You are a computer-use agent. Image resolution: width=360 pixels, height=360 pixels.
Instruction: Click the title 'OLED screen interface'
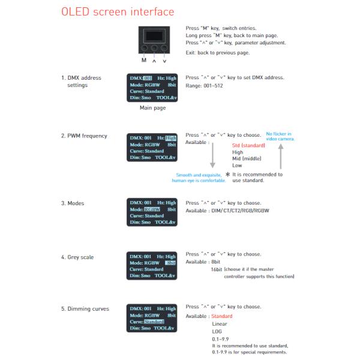tap(118, 11)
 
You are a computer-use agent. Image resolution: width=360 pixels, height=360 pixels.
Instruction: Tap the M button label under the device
tap(143, 60)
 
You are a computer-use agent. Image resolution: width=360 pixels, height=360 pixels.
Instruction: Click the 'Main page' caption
tap(153, 108)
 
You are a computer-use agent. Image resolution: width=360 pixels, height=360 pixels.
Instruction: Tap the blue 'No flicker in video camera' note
tap(279, 136)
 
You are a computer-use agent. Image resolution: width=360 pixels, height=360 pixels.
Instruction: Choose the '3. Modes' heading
tap(73, 203)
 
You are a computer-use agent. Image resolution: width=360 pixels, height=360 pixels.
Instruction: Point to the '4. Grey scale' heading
tap(77, 257)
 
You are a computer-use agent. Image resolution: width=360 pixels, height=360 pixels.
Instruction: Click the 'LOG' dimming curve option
tap(217, 331)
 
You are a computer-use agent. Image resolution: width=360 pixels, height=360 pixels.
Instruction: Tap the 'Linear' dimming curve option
tap(220, 323)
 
